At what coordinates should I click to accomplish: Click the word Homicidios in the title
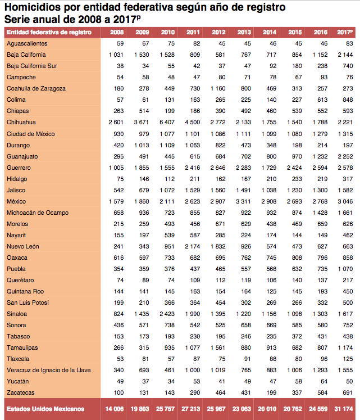31,7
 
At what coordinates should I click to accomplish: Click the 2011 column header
192,32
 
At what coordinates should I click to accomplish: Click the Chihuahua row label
22,122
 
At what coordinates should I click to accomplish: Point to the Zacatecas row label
21,392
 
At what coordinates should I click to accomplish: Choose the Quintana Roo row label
25,291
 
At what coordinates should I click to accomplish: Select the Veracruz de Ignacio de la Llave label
49,370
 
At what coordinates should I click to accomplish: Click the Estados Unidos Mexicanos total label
45,409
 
